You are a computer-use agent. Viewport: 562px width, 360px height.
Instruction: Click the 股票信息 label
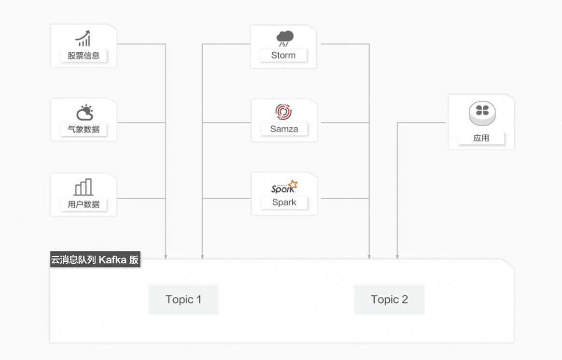84,56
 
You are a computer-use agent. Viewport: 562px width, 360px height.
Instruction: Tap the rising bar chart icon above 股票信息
83,39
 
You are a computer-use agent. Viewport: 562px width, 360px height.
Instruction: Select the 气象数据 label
84,130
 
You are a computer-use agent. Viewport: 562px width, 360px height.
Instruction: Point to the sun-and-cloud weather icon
84,113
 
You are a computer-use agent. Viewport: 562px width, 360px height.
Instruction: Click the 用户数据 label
84,204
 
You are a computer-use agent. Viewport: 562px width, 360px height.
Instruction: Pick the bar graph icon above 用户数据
83,187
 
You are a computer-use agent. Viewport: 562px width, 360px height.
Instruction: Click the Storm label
283,55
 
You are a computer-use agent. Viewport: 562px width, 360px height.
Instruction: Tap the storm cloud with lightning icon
284,38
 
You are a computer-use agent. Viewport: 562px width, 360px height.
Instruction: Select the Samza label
284,129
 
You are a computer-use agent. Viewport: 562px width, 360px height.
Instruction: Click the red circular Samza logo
283,112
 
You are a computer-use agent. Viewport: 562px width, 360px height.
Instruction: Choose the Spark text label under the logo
284,202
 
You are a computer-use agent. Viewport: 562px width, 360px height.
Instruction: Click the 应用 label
481,138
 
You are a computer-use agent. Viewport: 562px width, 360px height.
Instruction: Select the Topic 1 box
183,300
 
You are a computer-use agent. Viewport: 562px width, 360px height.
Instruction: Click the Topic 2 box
389,300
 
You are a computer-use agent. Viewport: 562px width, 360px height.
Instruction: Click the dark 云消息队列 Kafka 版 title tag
95,259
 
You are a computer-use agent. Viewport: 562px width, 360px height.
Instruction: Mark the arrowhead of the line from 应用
397,257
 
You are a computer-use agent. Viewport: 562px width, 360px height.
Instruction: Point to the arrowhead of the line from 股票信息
166,257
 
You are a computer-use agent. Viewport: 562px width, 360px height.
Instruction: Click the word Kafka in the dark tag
112,259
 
